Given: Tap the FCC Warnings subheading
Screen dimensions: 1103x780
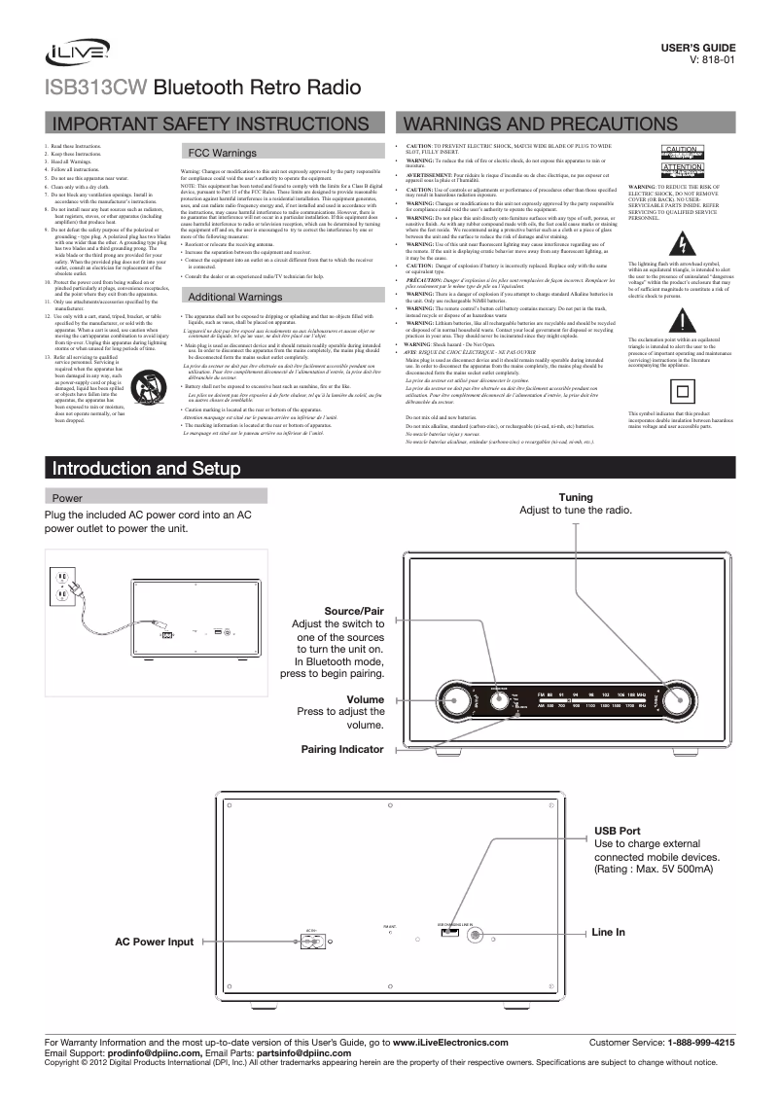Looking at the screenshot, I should tap(222, 154).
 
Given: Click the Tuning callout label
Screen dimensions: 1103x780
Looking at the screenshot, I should tap(576, 497).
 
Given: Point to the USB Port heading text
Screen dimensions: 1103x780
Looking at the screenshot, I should tap(617, 830).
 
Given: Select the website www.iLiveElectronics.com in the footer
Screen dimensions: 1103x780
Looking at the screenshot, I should tap(449, 1042).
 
